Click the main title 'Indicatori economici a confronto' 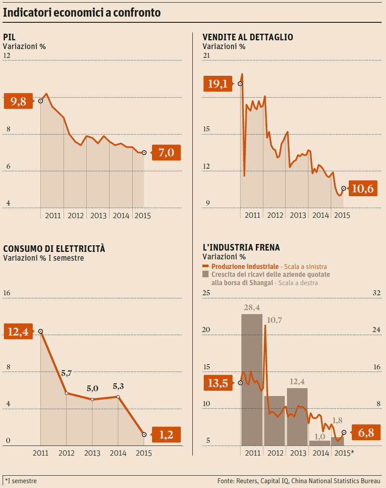tap(82, 13)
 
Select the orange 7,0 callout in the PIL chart tap(166, 153)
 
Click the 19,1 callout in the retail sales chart tap(218, 84)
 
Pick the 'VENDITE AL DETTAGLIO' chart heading tap(248, 37)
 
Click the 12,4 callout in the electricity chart tap(18, 332)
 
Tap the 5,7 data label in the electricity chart tap(66, 373)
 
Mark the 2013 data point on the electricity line tap(92, 400)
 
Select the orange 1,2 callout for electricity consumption tap(166, 435)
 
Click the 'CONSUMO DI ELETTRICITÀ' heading tap(54, 248)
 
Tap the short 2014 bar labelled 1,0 tap(320, 442)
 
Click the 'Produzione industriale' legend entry tap(245, 266)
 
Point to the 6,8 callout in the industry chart tap(366, 433)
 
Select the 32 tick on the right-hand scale tap(376, 293)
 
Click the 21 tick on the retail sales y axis tap(206, 56)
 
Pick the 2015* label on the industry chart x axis tap(344, 453)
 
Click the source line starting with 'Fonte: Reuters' tap(298, 481)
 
